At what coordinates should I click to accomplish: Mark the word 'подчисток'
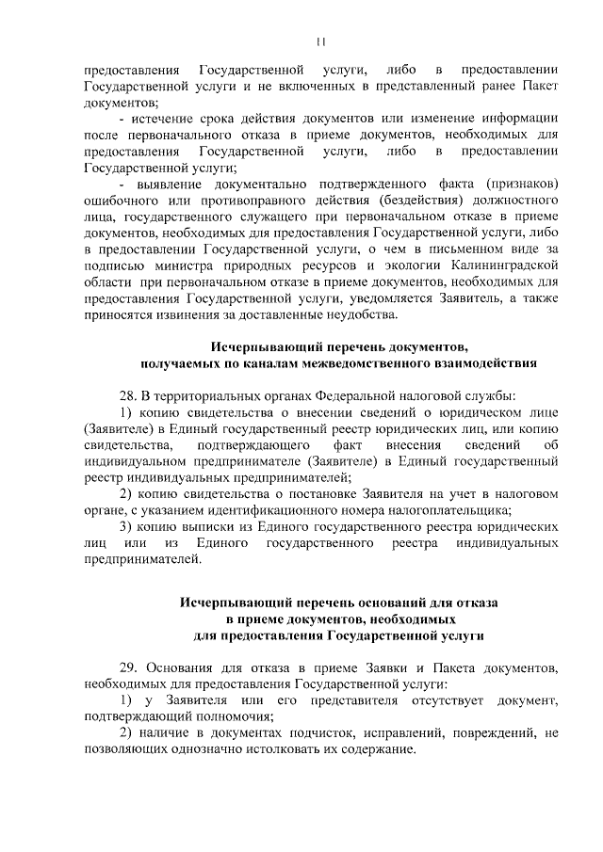tap(307, 731)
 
